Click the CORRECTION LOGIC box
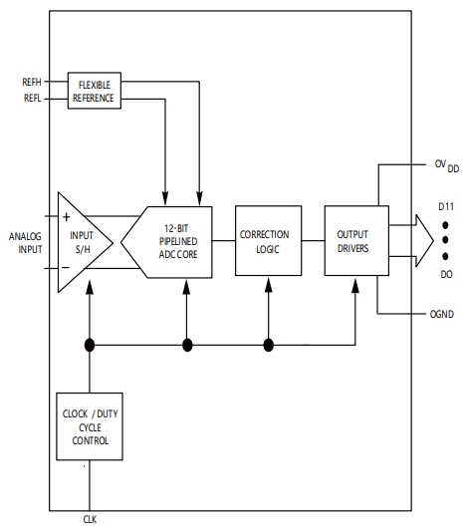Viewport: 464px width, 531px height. [x=264, y=241]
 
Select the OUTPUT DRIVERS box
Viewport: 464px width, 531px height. [x=354, y=241]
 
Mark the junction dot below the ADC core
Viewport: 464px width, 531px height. [x=186, y=345]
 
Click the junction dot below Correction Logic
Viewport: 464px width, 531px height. [x=268, y=345]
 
